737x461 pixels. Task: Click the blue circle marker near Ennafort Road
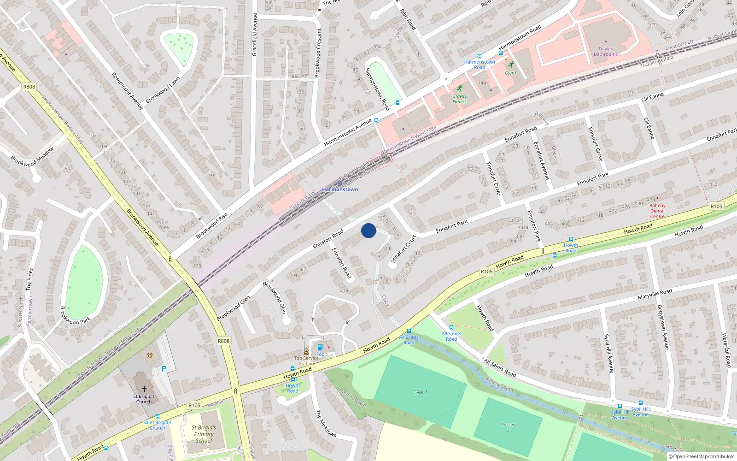pyautogui.click(x=368, y=230)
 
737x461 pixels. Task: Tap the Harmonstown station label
pyautogui.click(x=340, y=189)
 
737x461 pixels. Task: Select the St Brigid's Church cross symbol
pyautogui.click(x=144, y=389)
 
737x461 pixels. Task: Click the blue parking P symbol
pyautogui.click(x=164, y=369)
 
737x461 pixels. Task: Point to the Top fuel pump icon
pyautogui.click(x=320, y=347)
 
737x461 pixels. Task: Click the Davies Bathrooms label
pyautogui.click(x=606, y=52)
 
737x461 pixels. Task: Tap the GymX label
pyautogui.click(x=511, y=73)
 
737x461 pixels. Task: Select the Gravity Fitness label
pyautogui.click(x=459, y=99)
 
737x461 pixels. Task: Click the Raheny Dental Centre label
pyautogui.click(x=657, y=211)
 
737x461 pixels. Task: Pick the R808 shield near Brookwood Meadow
pyautogui.click(x=29, y=87)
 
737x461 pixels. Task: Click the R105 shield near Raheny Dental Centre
pyautogui.click(x=716, y=207)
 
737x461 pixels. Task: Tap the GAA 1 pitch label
pyautogui.click(x=420, y=392)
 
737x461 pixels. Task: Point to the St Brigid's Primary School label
pyautogui.click(x=204, y=434)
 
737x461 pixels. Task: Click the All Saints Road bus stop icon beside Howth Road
pyautogui.click(x=409, y=331)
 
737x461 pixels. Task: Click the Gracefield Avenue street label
pyautogui.click(x=254, y=35)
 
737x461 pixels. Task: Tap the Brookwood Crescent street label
pyautogui.click(x=317, y=53)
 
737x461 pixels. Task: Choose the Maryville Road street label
pyautogui.click(x=655, y=294)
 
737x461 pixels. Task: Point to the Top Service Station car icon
pyautogui.click(x=306, y=351)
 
